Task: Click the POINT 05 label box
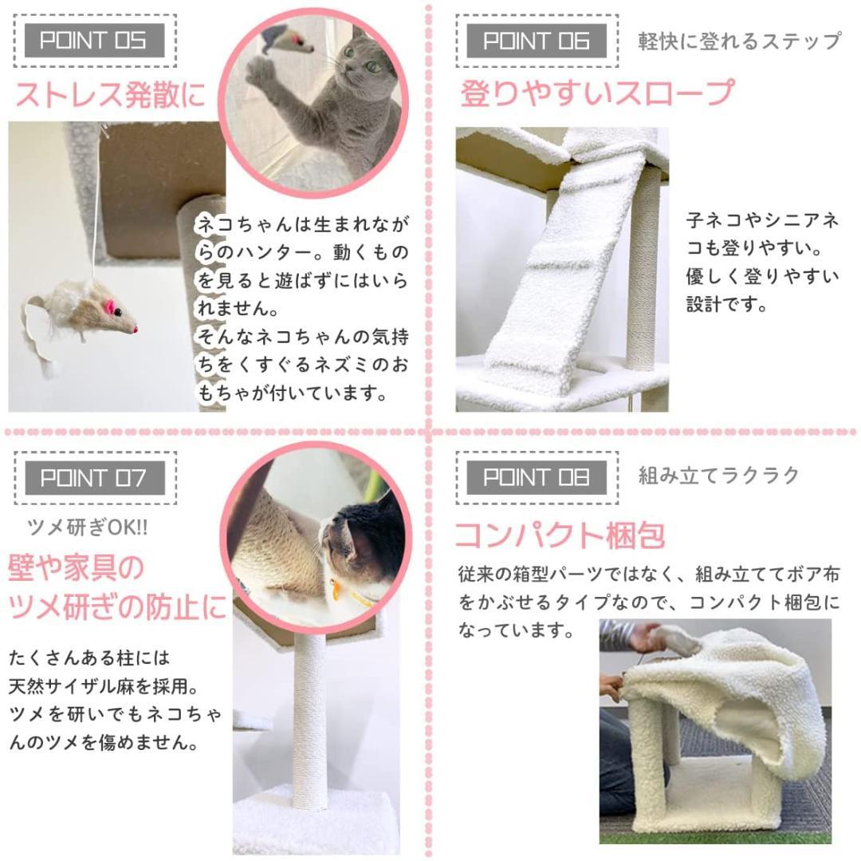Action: coord(94,41)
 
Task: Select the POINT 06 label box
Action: coord(537,41)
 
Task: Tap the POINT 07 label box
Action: coord(94,478)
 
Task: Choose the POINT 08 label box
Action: coord(537,478)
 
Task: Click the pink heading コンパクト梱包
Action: coord(560,535)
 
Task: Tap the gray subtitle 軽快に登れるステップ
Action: coord(739,41)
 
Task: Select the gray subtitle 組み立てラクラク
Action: coord(719,476)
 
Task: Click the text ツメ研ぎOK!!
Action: coord(88,527)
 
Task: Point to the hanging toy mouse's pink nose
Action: coord(135,329)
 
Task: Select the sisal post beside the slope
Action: coord(643,271)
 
